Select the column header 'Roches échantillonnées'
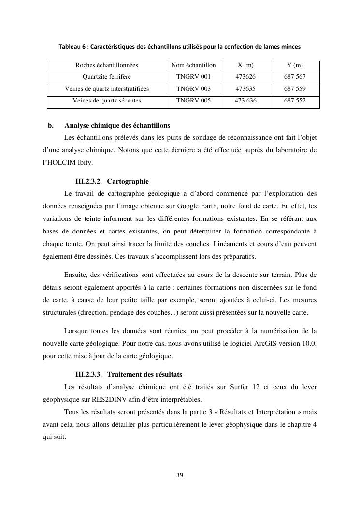pos(107,65)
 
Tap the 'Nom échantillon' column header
pos(194,65)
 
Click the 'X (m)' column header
pos(245,65)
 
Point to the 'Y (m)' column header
pos(295,65)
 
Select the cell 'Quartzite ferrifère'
pos(107,77)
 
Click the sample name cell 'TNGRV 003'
pos(194,89)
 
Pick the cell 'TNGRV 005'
pos(194,101)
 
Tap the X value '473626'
pos(245,77)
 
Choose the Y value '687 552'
pos(295,101)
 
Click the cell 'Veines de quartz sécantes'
pos(107,101)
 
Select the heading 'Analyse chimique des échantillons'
pos(117,126)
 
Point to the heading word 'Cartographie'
pos(128,181)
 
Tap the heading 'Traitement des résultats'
pos(144,374)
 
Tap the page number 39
pos(180,475)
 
